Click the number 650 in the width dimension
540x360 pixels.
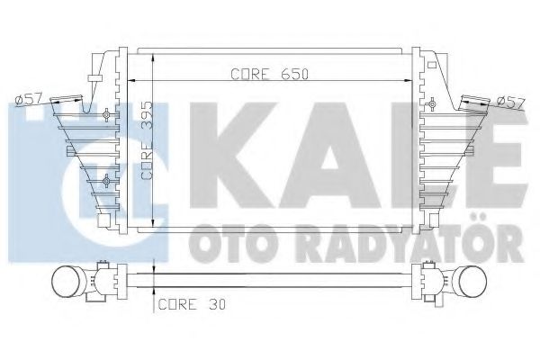click(x=291, y=75)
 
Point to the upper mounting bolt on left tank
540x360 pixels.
click(x=107, y=114)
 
